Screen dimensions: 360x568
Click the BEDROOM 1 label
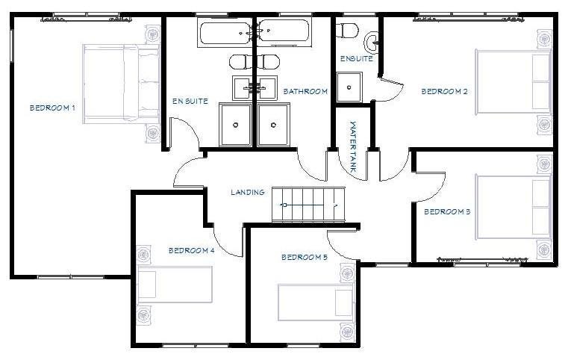[x=52, y=108]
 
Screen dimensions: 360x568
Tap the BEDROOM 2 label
[x=444, y=92]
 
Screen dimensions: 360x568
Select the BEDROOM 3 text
[x=446, y=212]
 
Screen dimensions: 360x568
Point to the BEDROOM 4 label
[x=191, y=251]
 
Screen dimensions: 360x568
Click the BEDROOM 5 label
[x=304, y=258]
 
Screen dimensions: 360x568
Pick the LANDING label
[x=247, y=193]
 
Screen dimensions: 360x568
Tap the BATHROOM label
[x=305, y=92]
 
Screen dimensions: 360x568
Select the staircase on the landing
[x=308, y=204]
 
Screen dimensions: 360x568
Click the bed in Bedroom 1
[x=121, y=81]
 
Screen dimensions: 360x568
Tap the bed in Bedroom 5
[x=315, y=302]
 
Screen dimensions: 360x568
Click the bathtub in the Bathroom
[x=283, y=32]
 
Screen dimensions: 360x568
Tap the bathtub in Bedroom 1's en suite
[x=226, y=33]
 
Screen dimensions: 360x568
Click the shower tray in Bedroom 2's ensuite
[x=348, y=86]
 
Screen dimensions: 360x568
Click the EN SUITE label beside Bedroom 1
[x=190, y=102]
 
